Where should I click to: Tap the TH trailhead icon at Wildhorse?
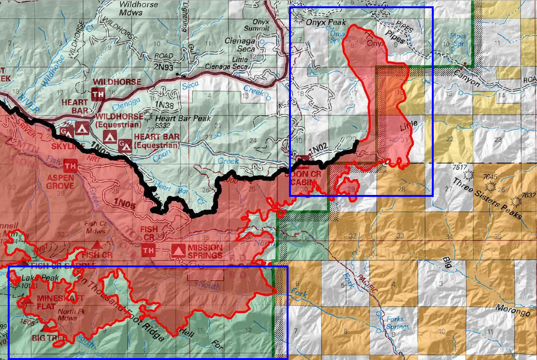click(x=97, y=94)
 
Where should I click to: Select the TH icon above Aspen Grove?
click(x=70, y=166)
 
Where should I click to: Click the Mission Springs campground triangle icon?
click(x=179, y=250)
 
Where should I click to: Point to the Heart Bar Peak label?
click(x=173, y=117)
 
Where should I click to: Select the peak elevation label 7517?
click(x=461, y=167)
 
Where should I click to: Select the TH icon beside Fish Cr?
click(x=148, y=250)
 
